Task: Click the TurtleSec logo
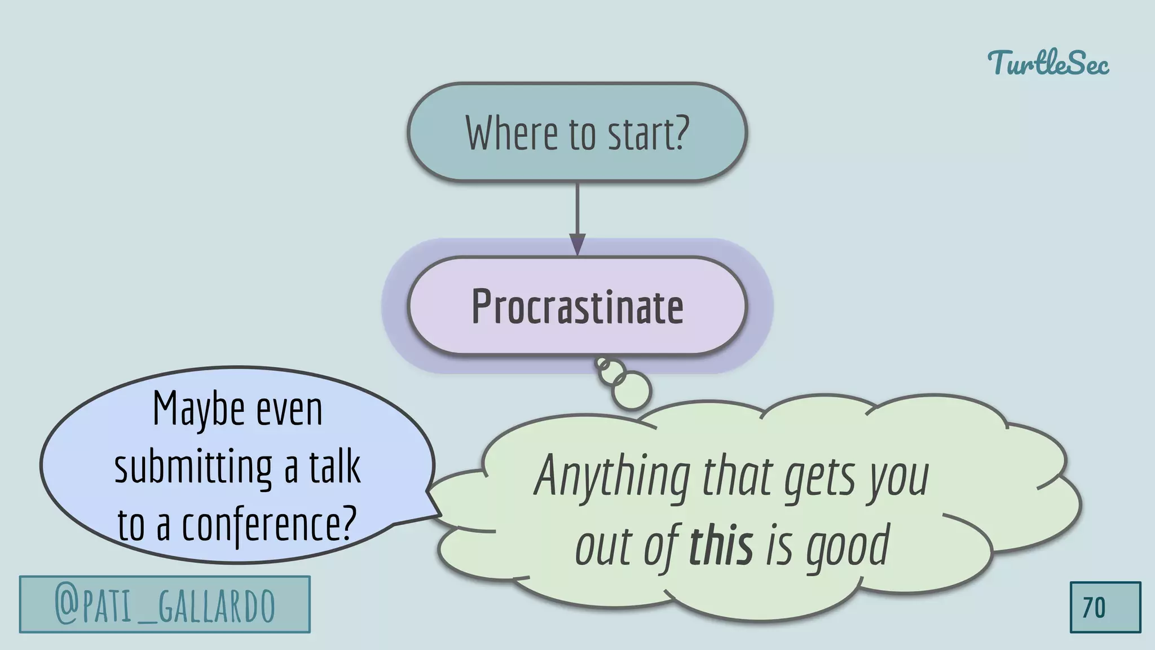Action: point(1048,63)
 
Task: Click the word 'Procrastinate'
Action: point(577,307)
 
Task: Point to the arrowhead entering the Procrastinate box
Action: point(577,245)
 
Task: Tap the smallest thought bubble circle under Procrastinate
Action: point(602,363)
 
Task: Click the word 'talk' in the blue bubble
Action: point(334,467)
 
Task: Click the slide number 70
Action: point(1094,608)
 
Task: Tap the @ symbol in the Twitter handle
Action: point(67,605)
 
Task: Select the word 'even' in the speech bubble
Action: point(289,410)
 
